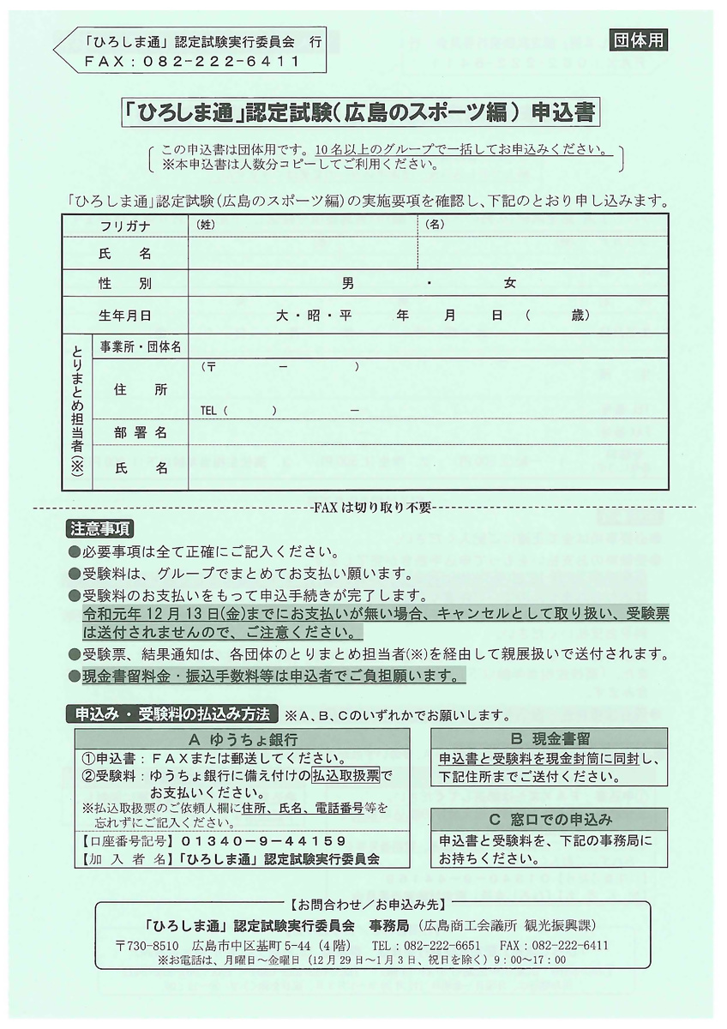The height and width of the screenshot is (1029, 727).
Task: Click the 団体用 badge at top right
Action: click(x=639, y=39)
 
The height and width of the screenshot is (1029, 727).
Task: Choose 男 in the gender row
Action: click(x=347, y=283)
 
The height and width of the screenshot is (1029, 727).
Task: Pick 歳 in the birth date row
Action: click(x=580, y=316)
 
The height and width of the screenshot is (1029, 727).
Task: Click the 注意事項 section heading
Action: click(x=99, y=528)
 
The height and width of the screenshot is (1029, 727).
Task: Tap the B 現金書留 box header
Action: click(x=550, y=738)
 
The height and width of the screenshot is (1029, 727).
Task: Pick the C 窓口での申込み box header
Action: click(x=550, y=819)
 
